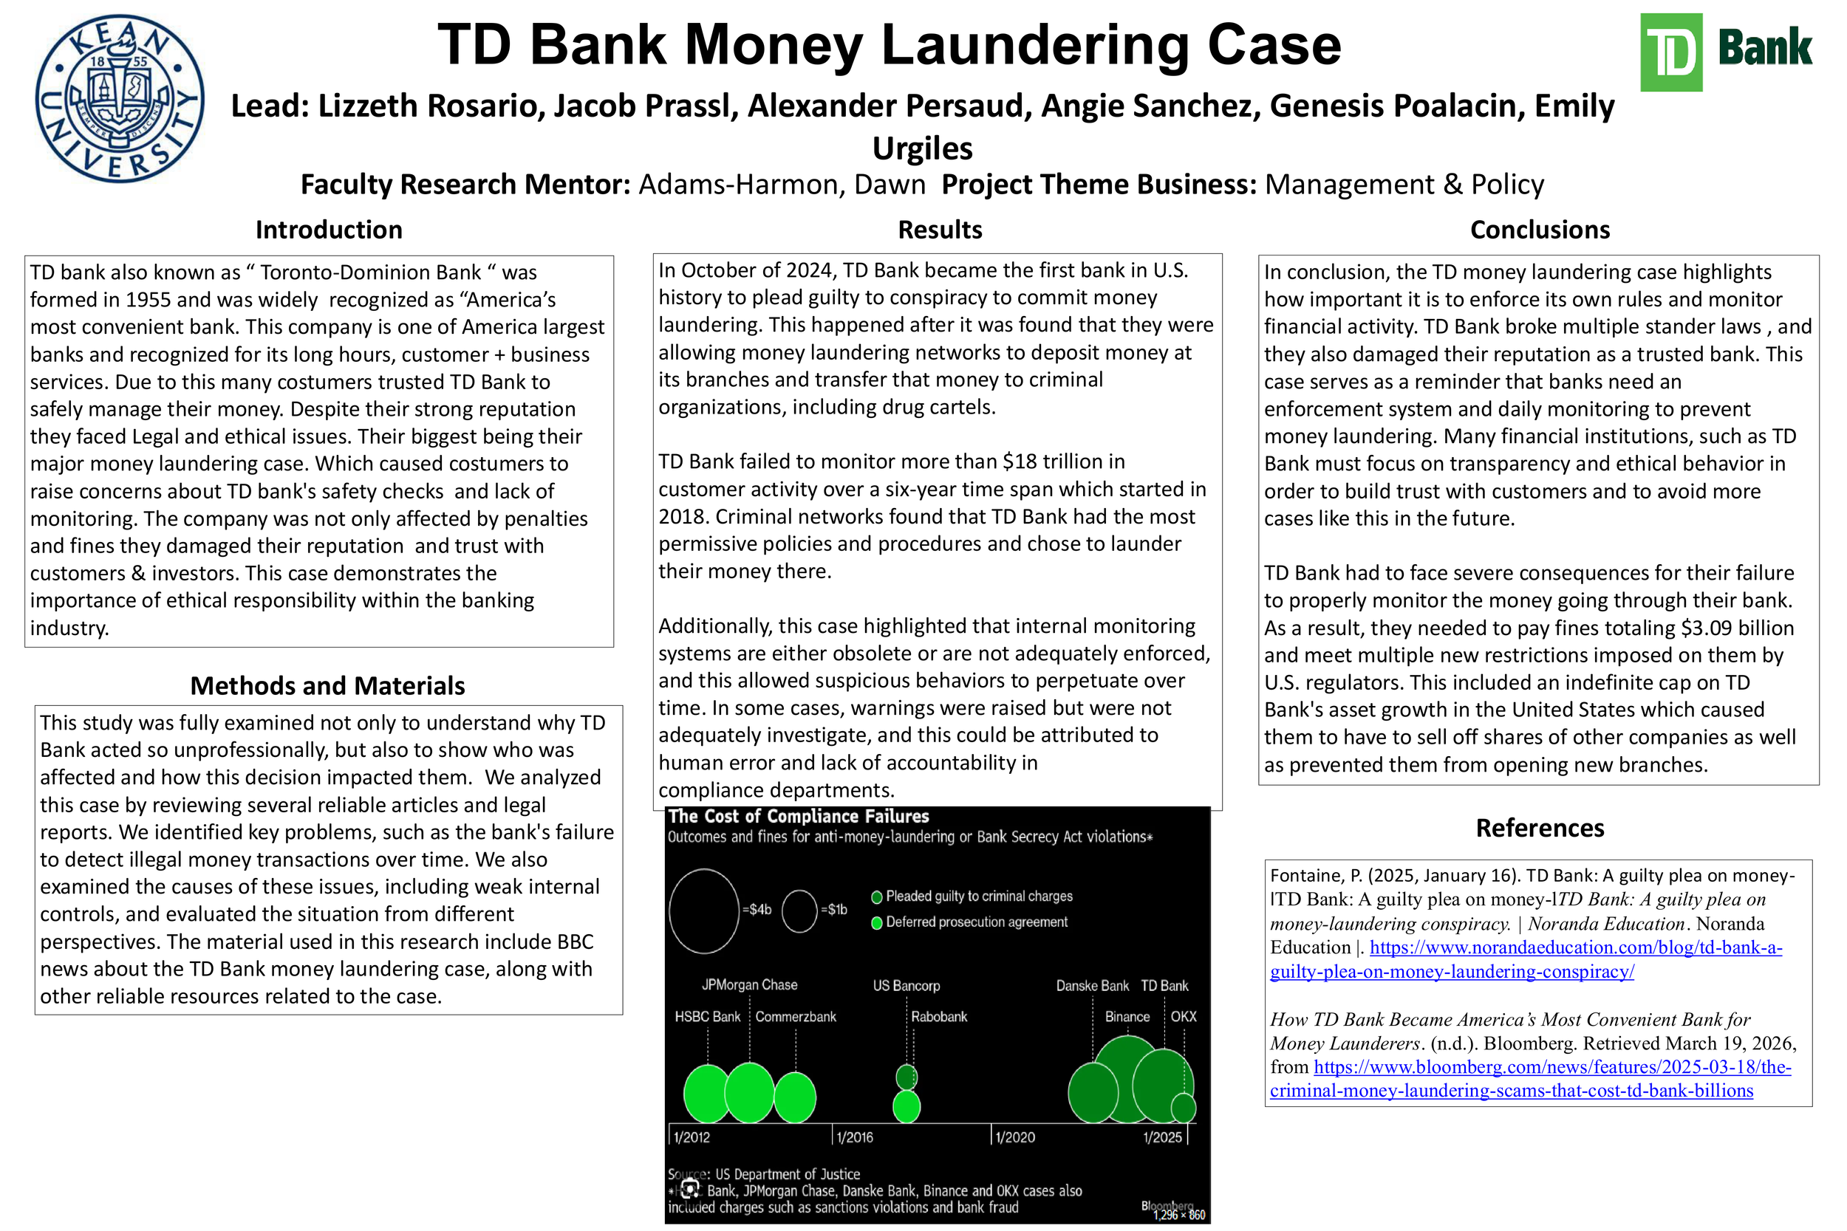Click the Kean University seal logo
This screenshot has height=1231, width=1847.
(x=120, y=99)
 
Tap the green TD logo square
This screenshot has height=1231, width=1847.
(x=1670, y=52)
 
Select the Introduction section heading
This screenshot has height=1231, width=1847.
(x=328, y=230)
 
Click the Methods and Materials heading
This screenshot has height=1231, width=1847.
(x=327, y=685)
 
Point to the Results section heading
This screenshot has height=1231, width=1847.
(x=939, y=230)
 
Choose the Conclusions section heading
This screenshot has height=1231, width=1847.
(x=1539, y=230)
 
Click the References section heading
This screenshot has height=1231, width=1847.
(x=1539, y=829)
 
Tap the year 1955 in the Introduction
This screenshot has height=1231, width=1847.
(x=148, y=300)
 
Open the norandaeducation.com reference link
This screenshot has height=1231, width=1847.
(x=1525, y=959)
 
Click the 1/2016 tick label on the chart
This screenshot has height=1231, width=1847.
(x=853, y=1136)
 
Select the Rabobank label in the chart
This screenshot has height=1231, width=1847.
(x=938, y=1017)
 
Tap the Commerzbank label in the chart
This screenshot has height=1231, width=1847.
(x=795, y=1017)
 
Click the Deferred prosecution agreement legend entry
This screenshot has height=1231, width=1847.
(x=975, y=922)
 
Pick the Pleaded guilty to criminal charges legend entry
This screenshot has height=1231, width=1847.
(x=977, y=896)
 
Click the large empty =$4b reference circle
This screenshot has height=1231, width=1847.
(x=703, y=911)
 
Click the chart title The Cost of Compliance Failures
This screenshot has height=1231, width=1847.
(x=798, y=817)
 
